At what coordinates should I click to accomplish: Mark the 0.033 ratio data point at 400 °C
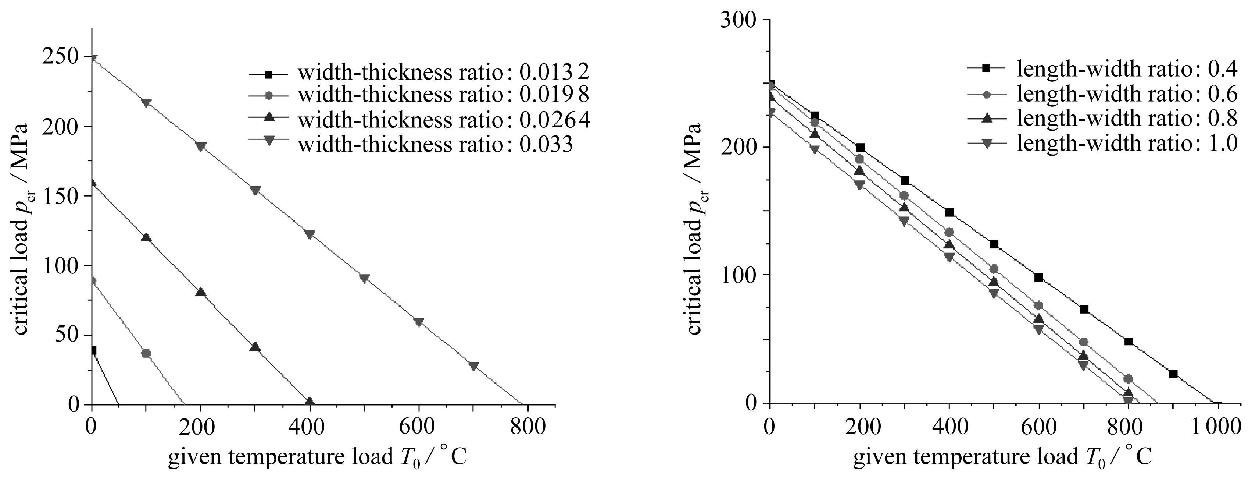[310, 234]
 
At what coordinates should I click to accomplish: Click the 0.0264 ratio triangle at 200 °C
[200, 292]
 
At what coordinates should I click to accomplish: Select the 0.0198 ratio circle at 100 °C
[146, 353]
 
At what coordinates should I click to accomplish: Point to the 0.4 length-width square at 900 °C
[1173, 374]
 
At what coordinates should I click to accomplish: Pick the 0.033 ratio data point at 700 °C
[473, 366]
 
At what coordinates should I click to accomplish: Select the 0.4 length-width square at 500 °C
[994, 244]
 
